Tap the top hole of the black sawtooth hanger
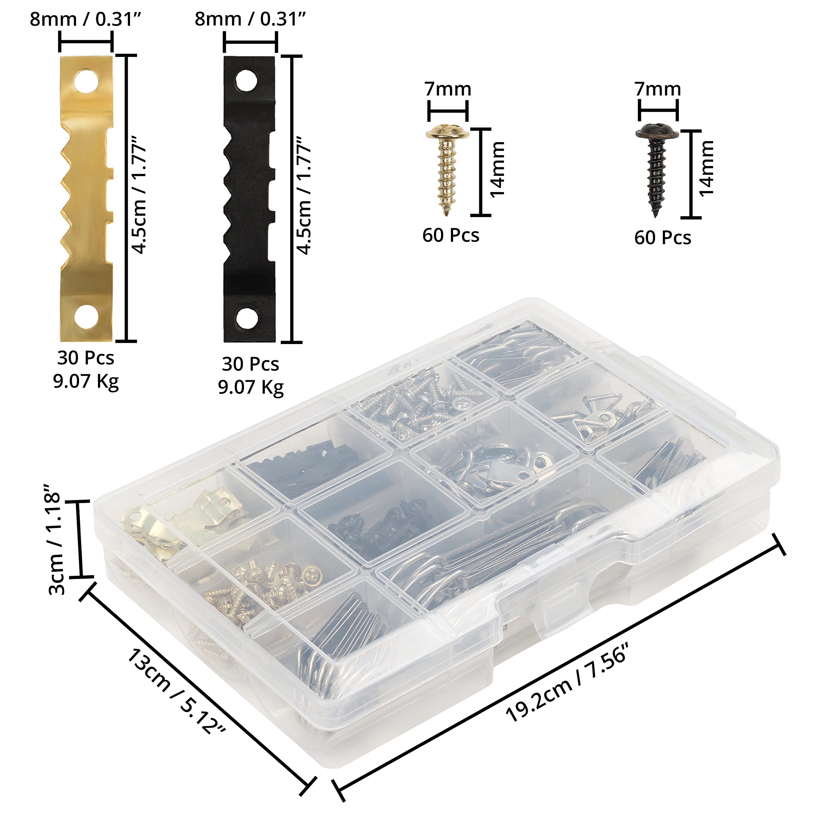pyautogui.click(x=246, y=80)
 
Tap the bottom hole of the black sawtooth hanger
pyautogui.click(x=246, y=318)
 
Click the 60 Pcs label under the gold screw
pyautogui.click(x=451, y=236)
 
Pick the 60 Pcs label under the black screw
pyautogui.click(x=663, y=238)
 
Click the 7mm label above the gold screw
pyautogui.click(x=447, y=89)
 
